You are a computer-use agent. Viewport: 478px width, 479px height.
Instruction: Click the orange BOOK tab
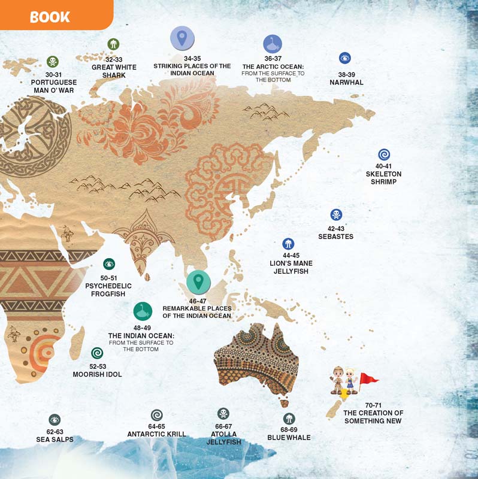tap(51, 16)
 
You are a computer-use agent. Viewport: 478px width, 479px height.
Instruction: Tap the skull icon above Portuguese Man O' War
tap(53, 61)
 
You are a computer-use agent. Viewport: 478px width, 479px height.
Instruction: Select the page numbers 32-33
tap(114, 60)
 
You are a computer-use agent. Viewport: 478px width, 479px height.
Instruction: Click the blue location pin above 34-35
tap(182, 38)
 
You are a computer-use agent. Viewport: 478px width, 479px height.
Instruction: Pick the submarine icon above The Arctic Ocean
tap(273, 44)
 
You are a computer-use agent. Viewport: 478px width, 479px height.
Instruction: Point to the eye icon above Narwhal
tap(344, 58)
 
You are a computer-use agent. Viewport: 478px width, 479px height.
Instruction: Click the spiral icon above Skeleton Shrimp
tap(384, 154)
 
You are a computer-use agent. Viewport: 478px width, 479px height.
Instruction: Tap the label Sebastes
tap(335, 237)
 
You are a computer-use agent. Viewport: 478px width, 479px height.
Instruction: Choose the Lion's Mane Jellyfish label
tap(291, 267)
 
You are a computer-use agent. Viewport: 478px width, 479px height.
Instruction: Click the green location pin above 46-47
tap(198, 281)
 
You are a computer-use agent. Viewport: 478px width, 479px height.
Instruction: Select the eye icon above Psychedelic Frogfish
tap(109, 263)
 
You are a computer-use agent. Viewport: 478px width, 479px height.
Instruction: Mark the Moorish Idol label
tap(97, 374)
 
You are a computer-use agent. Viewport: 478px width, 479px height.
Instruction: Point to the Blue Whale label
tap(289, 438)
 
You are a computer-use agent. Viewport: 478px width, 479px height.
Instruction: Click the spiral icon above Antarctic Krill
tap(157, 414)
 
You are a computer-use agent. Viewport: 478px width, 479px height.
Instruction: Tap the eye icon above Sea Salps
tap(55, 420)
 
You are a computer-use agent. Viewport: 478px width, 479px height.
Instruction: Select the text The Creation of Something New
tap(373, 417)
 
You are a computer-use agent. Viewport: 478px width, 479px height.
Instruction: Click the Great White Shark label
tap(114, 71)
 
